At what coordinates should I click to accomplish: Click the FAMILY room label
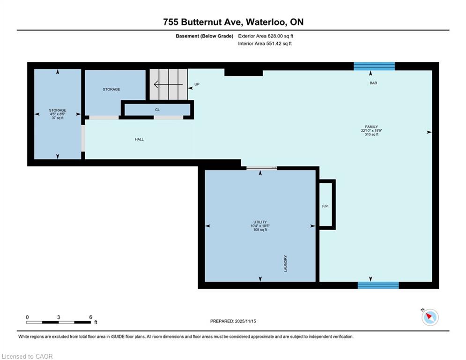(x=371, y=127)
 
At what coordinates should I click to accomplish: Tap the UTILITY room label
(x=260, y=222)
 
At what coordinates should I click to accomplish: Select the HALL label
(x=139, y=139)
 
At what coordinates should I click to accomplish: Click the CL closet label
(x=157, y=110)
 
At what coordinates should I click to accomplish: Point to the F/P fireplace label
(x=325, y=206)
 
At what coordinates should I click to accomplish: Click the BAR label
(x=373, y=83)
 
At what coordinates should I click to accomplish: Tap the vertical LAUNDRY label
(x=286, y=263)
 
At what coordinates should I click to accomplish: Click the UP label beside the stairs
(x=197, y=84)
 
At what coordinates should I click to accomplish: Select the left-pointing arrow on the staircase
(x=168, y=84)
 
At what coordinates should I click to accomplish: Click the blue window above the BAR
(x=374, y=66)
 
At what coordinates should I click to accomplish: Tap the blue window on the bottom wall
(x=378, y=285)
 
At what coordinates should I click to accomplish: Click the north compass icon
(x=430, y=317)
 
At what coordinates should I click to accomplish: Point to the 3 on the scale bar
(x=59, y=317)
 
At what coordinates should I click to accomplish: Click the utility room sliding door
(x=261, y=168)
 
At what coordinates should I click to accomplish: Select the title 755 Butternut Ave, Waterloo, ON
(x=233, y=22)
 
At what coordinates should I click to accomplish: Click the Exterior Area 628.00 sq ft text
(x=266, y=36)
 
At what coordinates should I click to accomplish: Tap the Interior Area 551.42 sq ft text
(x=265, y=44)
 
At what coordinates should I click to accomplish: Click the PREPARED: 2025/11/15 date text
(x=233, y=321)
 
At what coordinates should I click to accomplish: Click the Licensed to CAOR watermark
(x=27, y=356)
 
